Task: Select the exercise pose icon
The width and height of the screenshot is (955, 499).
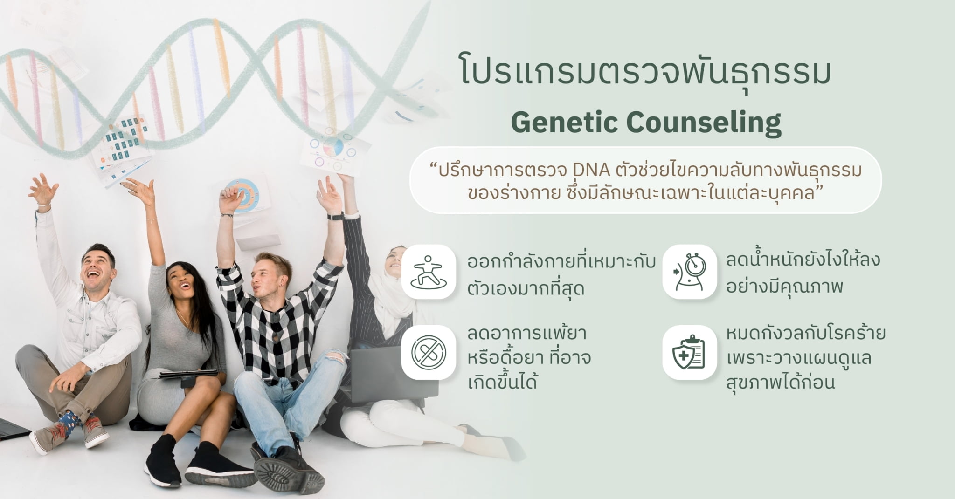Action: coord(428,271)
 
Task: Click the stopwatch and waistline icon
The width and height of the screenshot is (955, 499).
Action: coord(689,271)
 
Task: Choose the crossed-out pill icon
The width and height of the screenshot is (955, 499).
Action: coord(428,352)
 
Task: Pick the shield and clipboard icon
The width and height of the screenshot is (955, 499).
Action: coord(689,352)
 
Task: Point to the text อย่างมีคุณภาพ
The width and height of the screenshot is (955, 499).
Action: coord(784,287)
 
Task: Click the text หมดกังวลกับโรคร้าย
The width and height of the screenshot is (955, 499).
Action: coord(805,334)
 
